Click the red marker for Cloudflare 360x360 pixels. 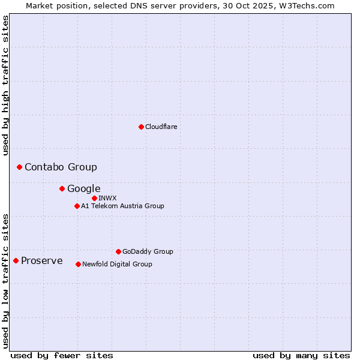(x=141, y=127)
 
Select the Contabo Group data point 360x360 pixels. (x=19, y=167)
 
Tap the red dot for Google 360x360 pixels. (x=62, y=188)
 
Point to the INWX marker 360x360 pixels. (x=94, y=198)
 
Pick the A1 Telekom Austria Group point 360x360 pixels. (x=77, y=206)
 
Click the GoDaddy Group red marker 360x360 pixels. (x=118, y=251)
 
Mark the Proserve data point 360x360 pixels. (x=16, y=260)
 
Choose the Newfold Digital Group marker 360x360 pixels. (x=78, y=264)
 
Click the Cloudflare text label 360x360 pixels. (x=161, y=127)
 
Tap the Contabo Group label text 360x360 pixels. (x=61, y=167)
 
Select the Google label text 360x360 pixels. (x=83, y=188)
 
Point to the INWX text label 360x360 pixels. (x=107, y=198)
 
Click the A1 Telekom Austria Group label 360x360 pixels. (x=122, y=206)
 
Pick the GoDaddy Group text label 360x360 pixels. (x=148, y=251)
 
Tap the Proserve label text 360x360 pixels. (x=41, y=260)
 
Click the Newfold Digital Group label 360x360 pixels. (x=117, y=264)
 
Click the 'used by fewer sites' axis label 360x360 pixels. (x=62, y=355)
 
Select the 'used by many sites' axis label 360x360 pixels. (x=301, y=355)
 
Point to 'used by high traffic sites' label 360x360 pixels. (x=6, y=85)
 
